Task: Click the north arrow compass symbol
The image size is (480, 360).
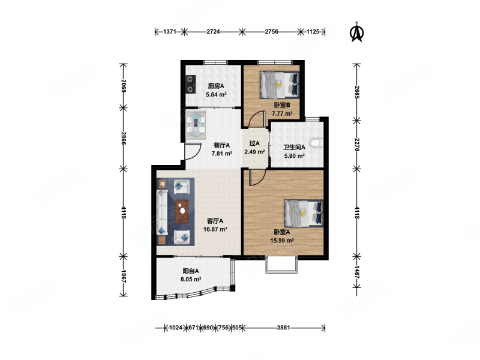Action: tap(356, 32)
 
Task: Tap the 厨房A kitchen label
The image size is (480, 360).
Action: tap(216, 86)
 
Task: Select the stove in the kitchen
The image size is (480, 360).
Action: tap(190, 84)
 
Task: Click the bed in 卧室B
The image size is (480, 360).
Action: tap(279, 85)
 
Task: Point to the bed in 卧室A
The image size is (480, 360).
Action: tap(304, 214)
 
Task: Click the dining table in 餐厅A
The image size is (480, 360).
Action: tap(196, 125)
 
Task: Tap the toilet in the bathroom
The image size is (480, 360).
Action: tap(317, 143)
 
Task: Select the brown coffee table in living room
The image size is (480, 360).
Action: tap(182, 211)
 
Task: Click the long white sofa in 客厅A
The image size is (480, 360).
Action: tap(162, 212)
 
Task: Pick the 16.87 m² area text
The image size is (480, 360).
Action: tap(215, 229)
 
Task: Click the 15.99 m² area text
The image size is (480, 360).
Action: tap(282, 241)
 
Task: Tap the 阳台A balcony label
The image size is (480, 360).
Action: tap(191, 271)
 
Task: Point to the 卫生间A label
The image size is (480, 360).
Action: tap(294, 147)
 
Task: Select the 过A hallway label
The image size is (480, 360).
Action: tap(254, 143)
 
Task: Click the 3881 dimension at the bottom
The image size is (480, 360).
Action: tap(283, 328)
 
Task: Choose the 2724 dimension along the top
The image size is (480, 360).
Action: tap(213, 32)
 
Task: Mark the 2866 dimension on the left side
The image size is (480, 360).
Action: tap(123, 139)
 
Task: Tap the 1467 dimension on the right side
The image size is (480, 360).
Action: tap(357, 272)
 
